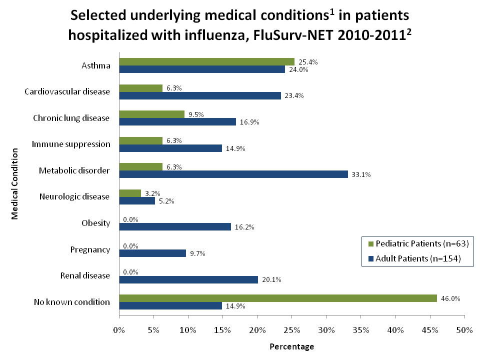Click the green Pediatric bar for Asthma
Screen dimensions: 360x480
coord(206,62)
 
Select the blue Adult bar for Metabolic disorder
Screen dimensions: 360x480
coord(233,174)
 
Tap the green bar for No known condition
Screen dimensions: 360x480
coord(278,298)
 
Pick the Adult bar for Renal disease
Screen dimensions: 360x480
coord(188,279)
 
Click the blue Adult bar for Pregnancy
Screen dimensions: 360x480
coord(152,253)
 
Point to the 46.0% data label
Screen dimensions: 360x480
coord(450,298)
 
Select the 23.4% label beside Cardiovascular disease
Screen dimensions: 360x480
coord(294,96)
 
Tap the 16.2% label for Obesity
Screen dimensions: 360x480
coord(244,227)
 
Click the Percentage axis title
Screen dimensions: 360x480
coord(292,346)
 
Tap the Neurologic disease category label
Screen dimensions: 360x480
coord(74,196)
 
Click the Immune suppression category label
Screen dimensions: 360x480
coord(71,144)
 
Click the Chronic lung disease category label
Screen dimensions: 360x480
coord(71,118)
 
